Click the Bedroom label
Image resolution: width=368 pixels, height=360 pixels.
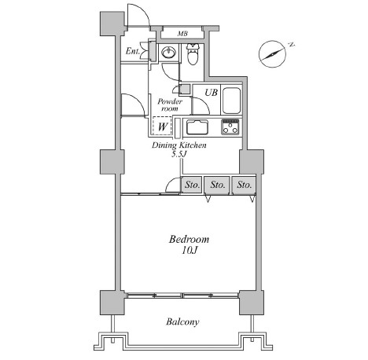(x=189, y=239)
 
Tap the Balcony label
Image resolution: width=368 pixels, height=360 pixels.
(x=182, y=321)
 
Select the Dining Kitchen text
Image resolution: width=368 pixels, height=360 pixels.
(x=179, y=145)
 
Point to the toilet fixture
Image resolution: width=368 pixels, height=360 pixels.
(x=193, y=54)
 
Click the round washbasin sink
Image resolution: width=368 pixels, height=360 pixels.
(x=168, y=53)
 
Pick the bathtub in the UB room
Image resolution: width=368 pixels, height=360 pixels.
(x=231, y=101)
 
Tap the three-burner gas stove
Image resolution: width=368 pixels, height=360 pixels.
(x=230, y=127)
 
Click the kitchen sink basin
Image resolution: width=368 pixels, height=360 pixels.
(x=197, y=127)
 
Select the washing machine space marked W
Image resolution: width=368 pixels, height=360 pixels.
(x=162, y=126)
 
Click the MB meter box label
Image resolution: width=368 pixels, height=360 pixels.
(x=182, y=34)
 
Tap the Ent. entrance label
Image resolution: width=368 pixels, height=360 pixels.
(x=133, y=51)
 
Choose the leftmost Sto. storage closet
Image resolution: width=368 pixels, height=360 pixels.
(x=192, y=185)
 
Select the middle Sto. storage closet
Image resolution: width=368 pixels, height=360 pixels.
(x=217, y=185)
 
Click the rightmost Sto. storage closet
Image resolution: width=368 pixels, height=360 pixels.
(x=244, y=185)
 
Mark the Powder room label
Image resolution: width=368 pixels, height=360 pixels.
(x=170, y=105)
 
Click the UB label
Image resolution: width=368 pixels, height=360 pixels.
(x=211, y=92)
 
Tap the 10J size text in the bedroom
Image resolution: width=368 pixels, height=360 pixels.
(x=190, y=251)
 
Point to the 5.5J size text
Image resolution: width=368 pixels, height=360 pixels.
(x=179, y=154)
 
